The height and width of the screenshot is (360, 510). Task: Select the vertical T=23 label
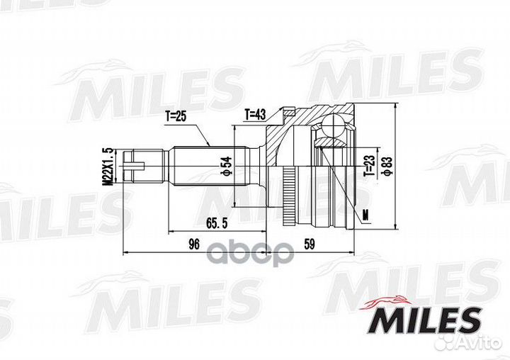pyautogui.click(x=368, y=166)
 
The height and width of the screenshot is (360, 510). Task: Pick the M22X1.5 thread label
pyautogui.click(x=108, y=167)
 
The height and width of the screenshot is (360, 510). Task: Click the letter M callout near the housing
pyautogui.click(x=364, y=215)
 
